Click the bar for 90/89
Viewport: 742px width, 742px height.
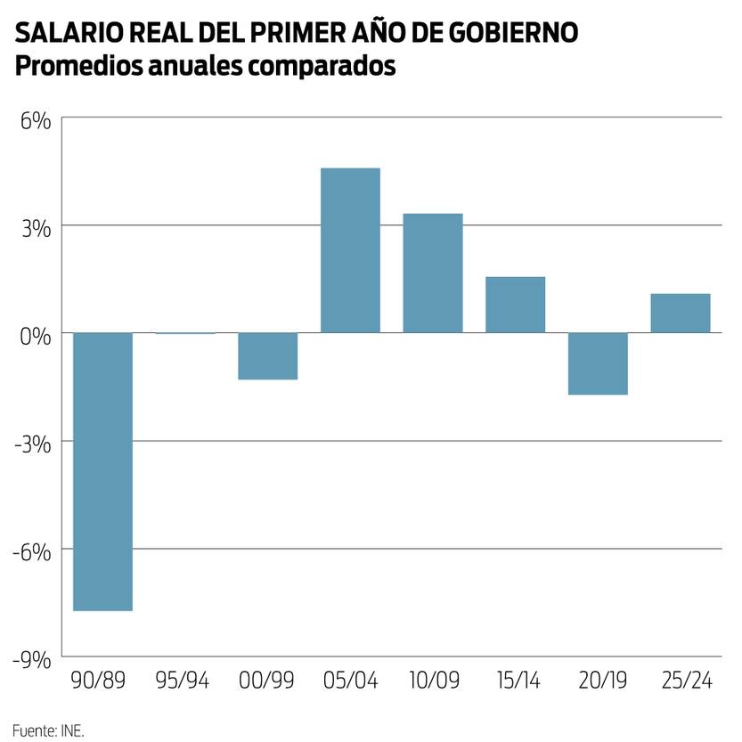coord(102,471)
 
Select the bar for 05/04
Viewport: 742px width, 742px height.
coord(350,250)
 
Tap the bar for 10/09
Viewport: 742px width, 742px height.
coord(433,273)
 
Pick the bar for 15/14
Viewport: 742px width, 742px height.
coord(515,305)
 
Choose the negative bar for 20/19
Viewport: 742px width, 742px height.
coord(598,363)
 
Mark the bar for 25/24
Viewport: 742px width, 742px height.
coord(681,313)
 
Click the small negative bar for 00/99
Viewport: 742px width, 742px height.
coord(267,356)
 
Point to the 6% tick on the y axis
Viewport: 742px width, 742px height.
coord(36,119)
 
